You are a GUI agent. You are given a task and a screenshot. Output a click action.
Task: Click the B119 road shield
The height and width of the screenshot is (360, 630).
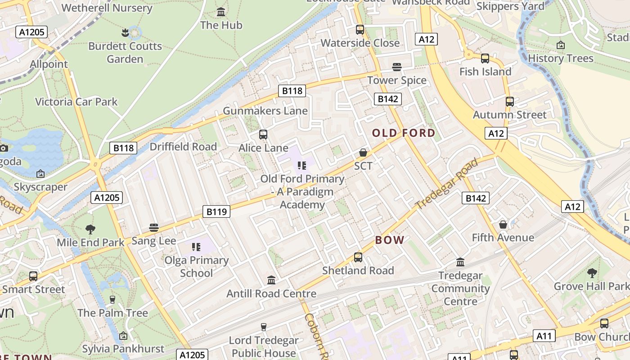click(x=216, y=211)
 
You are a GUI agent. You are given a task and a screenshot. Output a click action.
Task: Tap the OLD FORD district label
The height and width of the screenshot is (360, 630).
click(x=404, y=133)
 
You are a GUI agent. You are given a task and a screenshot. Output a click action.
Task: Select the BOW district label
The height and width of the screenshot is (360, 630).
click(x=390, y=240)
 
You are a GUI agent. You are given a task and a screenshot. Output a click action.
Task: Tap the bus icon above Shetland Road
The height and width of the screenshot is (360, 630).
click(x=358, y=257)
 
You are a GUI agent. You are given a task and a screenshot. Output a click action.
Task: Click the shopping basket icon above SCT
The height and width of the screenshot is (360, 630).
click(x=363, y=153)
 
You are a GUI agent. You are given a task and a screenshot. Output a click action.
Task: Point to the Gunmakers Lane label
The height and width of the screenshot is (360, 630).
click(x=265, y=111)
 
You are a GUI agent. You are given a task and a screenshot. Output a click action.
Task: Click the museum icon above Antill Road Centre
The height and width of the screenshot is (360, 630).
click(x=271, y=280)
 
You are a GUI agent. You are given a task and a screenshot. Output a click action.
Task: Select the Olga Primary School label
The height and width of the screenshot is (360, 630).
click(x=197, y=266)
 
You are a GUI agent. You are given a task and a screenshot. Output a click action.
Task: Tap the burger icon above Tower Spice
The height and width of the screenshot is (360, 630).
click(x=396, y=67)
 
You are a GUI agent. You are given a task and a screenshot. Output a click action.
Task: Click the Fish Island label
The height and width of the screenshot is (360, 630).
click(x=485, y=72)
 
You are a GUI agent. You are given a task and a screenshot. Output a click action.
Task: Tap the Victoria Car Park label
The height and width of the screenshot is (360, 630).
click(x=76, y=102)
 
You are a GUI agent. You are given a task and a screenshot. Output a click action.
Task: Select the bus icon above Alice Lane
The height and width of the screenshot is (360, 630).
click(x=263, y=135)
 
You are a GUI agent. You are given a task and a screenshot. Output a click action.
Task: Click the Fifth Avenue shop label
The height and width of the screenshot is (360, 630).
click(x=503, y=237)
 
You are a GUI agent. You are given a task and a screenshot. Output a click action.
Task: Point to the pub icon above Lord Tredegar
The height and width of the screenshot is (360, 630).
click(x=264, y=327)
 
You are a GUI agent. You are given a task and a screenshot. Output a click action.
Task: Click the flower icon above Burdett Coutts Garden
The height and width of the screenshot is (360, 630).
click(x=125, y=32)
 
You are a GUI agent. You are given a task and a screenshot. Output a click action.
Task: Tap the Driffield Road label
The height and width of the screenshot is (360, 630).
click(x=183, y=147)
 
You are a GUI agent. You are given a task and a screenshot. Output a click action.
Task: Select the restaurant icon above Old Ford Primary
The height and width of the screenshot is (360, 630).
click(x=302, y=166)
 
